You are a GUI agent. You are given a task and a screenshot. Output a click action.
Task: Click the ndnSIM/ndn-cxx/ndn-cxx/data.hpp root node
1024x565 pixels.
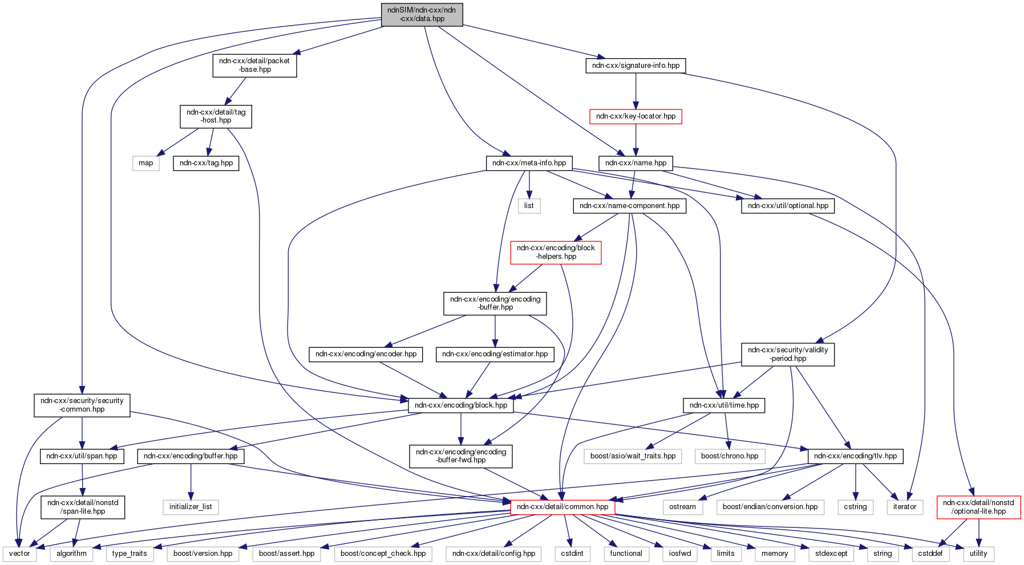pos(422,14)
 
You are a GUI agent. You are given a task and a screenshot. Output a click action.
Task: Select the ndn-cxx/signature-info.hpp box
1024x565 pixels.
pos(636,66)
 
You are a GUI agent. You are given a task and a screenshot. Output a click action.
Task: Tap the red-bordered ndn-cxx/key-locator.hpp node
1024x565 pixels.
pos(636,116)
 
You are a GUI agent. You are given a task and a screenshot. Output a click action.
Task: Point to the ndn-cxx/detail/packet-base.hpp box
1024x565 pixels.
pos(254,65)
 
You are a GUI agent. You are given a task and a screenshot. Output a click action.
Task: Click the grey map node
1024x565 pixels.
pos(146,163)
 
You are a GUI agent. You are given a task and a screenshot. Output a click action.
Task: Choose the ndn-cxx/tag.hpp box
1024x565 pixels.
pos(206,163)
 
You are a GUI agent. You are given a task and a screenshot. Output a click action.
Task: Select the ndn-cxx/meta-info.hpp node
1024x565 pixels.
pos(529,163)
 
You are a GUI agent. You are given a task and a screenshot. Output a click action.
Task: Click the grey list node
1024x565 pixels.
pos(529,206)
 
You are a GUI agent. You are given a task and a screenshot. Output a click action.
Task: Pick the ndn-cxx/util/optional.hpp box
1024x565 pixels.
pos(788,206)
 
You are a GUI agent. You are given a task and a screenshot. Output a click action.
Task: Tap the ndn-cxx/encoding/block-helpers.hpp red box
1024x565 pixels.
pos(556,252)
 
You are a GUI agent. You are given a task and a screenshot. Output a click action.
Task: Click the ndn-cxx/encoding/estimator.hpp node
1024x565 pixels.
pos(495,354)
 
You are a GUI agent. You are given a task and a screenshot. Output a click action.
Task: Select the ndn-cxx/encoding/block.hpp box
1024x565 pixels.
pos(461,405)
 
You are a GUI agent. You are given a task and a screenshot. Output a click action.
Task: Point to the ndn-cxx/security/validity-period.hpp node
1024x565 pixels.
pos(787,354)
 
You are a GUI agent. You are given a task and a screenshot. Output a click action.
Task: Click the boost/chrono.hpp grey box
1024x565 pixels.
pos(730,456)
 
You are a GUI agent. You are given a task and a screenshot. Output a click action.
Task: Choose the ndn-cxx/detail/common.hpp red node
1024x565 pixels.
pos(562,507)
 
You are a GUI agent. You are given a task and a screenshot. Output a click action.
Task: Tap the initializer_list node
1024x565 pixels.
pos(191,507)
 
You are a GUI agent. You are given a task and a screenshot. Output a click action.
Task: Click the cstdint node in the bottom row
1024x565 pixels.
pos(572,554)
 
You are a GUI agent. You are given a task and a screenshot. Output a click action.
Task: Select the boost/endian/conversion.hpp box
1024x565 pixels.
pos(770,507)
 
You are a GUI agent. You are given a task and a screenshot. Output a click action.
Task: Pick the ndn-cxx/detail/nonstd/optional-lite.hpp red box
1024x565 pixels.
pos(978,507)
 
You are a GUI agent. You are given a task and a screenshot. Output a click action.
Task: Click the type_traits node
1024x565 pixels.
pos(129,554)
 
